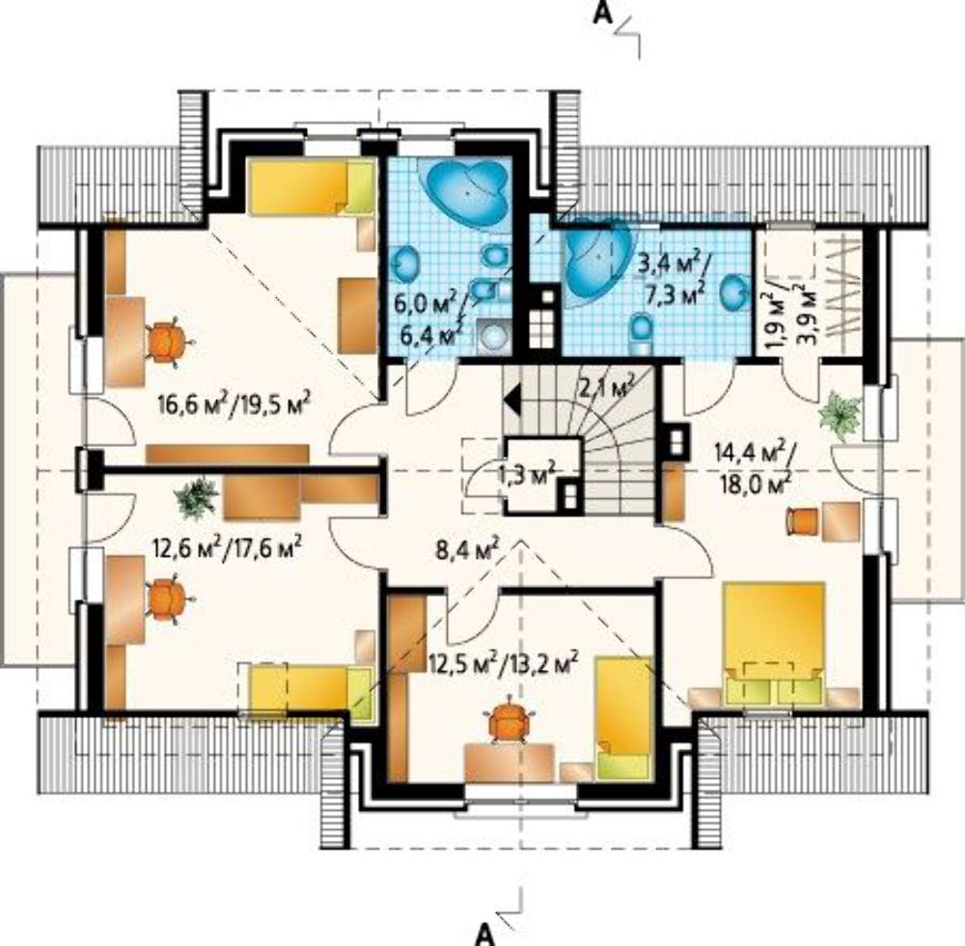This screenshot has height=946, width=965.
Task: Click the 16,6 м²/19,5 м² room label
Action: [234, 403]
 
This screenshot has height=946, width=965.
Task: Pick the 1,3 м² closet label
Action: [527, 475]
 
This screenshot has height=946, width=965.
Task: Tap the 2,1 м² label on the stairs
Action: [607, 389]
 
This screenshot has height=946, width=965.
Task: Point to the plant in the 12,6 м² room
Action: [197, 497]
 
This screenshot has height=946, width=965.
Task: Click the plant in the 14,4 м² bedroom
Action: [841, 415]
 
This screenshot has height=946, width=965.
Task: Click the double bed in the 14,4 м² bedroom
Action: [774, 642]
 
